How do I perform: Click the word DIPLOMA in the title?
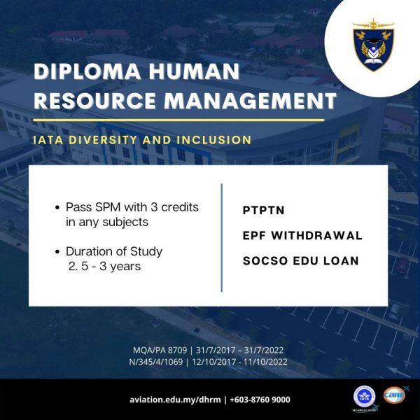pyautogui.click(x=87, y=71)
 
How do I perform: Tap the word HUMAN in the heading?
pyautogui.click(x=194, y=71)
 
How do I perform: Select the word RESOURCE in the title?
pyautogui.click(x=94, y=101)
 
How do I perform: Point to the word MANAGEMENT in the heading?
pyautogui.click(x=250, y=101)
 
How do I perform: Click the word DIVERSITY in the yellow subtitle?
pyautogui.click(x=103, y=140)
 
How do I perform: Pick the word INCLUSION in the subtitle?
pyautogui.click(x=213, y=140)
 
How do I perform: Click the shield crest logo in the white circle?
pyautogui.click(x=373, y=45)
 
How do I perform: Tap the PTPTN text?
pyautogui.click(x=264, y=210)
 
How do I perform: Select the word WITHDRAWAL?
pyautogui.click(x=316, y=236)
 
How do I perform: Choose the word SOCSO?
pyautogui.click(x=265, y=261)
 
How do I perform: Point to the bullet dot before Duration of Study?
pyautogui.click(x=57, y=252)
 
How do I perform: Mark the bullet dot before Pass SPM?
pyautogui.click(x=57, y=208)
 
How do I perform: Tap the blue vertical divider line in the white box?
pyautogui.click(x=221, y=237)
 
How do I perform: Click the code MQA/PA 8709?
pyautogui.click(x=160, y=350)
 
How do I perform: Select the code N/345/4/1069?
pyautogui.click(x=156, y=362)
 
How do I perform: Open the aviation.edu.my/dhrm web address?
pyautogui.click(x=175, y=400)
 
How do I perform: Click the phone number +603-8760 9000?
pyautogui.click(x=260, y=400)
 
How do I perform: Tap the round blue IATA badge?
pyautogui.click(x=364, y=397)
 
